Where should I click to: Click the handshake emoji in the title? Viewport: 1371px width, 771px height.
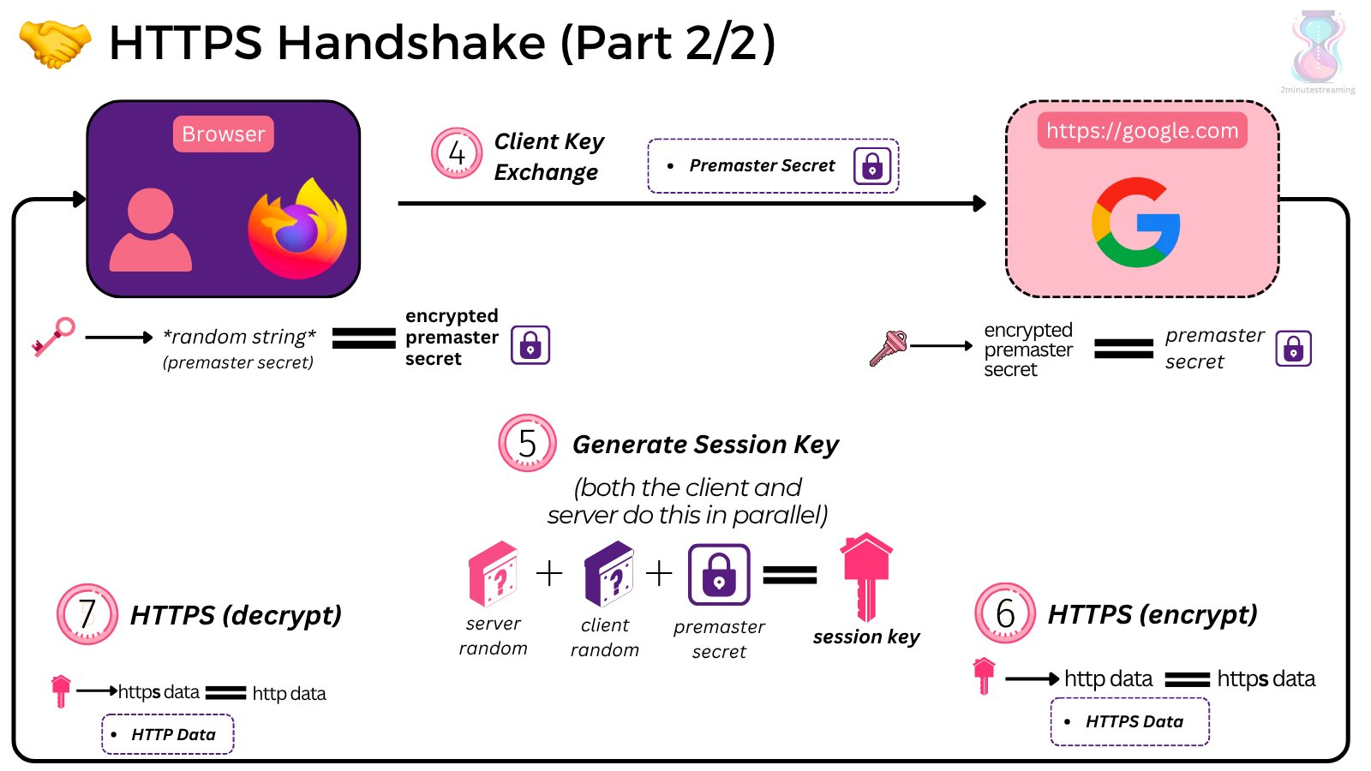[x=55, y=43]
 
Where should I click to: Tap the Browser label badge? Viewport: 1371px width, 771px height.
[x=223, y=134]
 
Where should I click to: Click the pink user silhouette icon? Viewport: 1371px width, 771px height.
[x=151, y=230]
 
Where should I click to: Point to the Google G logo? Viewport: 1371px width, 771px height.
[x=1136, y=223]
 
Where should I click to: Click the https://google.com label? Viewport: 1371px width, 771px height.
[x=1142, y=131]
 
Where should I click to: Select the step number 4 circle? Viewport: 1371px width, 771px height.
[x=457, y=153]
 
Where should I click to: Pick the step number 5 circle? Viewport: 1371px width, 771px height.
[x=527, y=443]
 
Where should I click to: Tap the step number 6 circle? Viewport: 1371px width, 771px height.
[x=1005, y=613]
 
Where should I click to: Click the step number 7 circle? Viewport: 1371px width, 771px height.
[x=87, y=614]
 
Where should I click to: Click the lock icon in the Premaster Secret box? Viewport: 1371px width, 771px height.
[x=872, y=166]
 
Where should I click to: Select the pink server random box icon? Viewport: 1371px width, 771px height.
[x=494, y=573]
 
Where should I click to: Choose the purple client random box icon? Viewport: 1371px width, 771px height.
[x=608, y=573]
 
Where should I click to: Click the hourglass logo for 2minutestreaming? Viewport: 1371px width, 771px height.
[x=1318, y=46]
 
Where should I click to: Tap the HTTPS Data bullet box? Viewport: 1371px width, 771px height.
[x=1129, y=722]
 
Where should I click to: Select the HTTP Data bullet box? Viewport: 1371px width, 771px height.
[x=168, y=734]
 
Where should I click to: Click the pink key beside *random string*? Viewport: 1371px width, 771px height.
[x=53, y=337]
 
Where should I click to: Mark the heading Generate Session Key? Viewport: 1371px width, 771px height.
[x=705, y=445]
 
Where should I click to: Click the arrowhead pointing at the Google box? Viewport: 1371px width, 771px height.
[x=979, y=204]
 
